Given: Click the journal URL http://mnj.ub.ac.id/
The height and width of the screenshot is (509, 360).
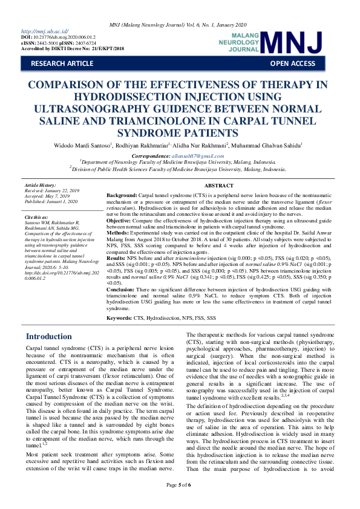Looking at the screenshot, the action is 45,31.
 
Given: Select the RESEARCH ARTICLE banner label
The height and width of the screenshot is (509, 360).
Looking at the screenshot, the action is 62,63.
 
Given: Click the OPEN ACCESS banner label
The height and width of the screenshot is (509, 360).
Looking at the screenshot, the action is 292,63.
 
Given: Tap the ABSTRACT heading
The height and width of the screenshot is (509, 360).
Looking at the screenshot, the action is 218,186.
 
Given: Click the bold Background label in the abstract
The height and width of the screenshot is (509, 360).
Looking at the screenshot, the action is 122,196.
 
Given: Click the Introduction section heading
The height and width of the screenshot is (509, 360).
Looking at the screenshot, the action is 48,336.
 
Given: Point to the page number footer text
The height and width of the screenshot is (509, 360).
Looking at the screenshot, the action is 180,501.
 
